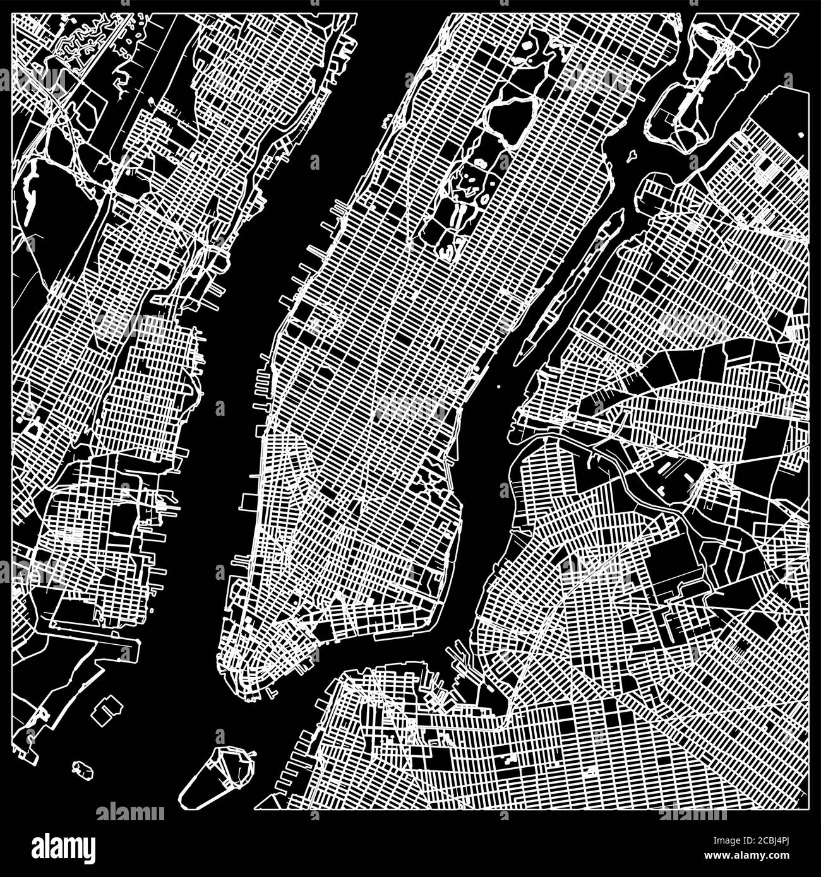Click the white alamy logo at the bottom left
[x=63, y=845]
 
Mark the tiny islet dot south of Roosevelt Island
[x=499, y=387]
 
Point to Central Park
[x=480, y=158]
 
